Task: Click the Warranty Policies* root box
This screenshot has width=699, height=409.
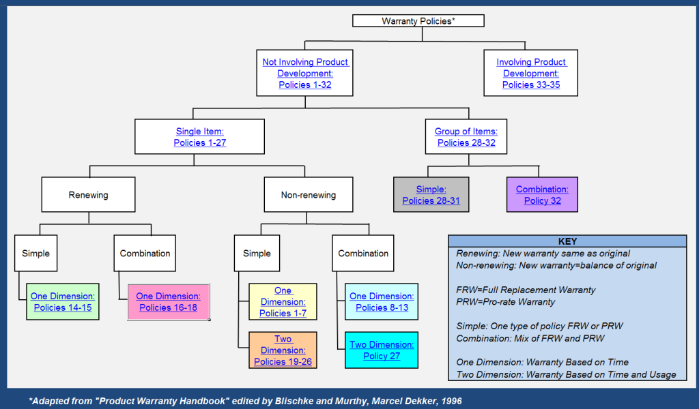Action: pyautogui.click(x=418, y=21)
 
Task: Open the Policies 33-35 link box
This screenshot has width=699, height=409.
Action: pyautogui.click(x=531, y=73)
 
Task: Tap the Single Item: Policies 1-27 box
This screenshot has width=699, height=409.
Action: pyautogui.click(x=199, y=136)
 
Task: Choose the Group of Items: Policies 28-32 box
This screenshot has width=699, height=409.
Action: pyautogui.click(x=466, y=136)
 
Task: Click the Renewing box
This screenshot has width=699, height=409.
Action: pyautogui.click(x=88, y=195)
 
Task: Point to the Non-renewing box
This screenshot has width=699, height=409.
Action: pyautogui.click(x=308, y=195)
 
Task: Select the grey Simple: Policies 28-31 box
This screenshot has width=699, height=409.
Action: pyautogui.click(x=431, y=195)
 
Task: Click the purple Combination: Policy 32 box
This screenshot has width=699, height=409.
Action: pyautogui.click(x=542, y=195)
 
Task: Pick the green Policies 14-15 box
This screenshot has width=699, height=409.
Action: pyautogui.click(x=63, y=302)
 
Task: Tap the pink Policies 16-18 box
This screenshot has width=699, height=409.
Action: pyautogui.click(x=168, y=302)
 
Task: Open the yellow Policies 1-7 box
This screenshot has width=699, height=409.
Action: pyautogui.click(x=283, y=302)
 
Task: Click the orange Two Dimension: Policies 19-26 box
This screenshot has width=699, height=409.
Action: pyautogui.click(x=283, y=350)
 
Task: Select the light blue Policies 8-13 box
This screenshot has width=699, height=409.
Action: pyautogui.click(x=382, y=302)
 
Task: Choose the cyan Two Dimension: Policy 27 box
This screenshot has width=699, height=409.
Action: pyautogui.click(x=382, y=350)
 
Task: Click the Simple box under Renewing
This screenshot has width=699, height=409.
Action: pyautogui.click(x=35, y=254)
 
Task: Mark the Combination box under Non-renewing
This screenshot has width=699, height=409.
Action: pyautogui.click(x=363, y=254)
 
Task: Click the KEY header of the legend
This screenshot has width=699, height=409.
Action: pyautogui.click(x=567, y=241)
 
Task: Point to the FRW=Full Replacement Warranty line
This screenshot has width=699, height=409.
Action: pyautogui.click(x=526, y=290)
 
